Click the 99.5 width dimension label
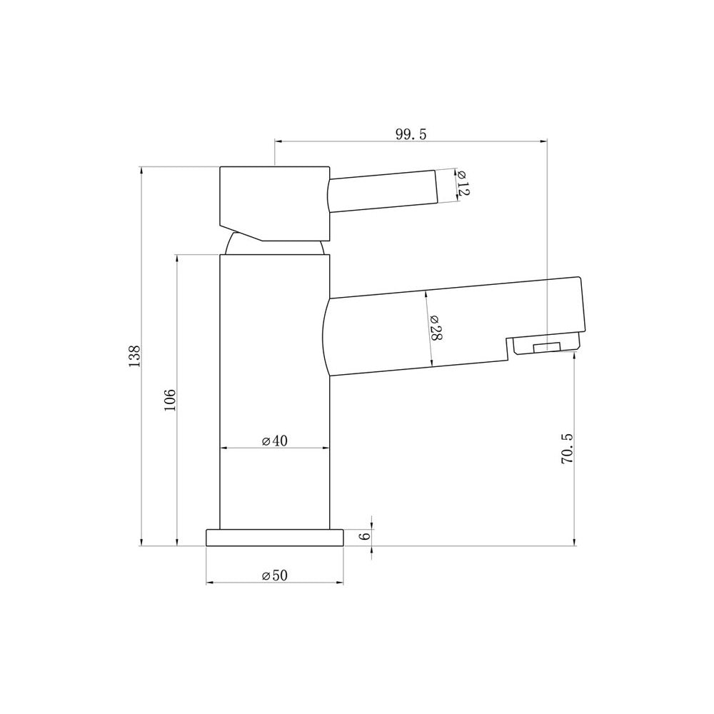point(411,134)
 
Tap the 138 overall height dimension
point(135,356)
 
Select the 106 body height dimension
point(170,400)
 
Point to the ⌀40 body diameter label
point(275,441)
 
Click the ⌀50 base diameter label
point(275,575)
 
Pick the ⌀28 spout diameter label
point(436,328)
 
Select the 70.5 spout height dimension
point(567,449)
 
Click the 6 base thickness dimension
point(364,537)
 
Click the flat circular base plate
point(275,538)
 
